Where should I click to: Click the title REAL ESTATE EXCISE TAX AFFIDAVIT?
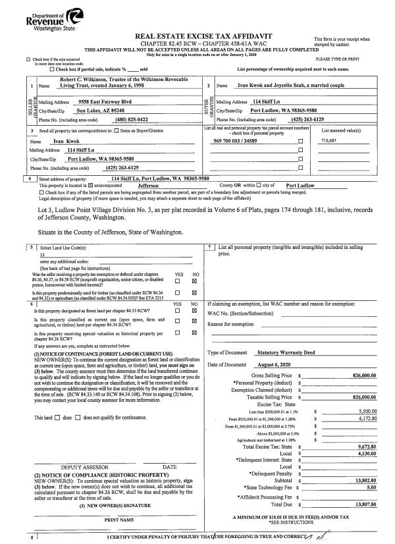197,38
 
